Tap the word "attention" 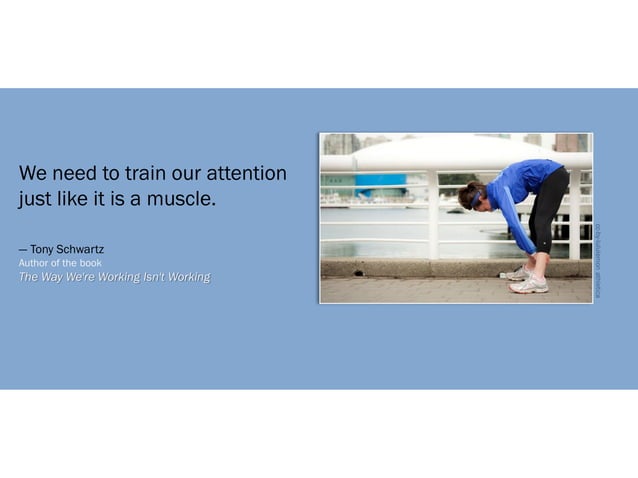(246, 174)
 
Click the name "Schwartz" (81, 249)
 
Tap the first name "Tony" (42, 249)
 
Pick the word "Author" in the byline (35, 263)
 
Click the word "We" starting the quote (31, 174)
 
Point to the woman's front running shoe (529, 285)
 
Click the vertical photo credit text (599, 260)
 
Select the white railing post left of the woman (434, 214)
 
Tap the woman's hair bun (463, 190)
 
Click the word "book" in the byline (91, 263)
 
